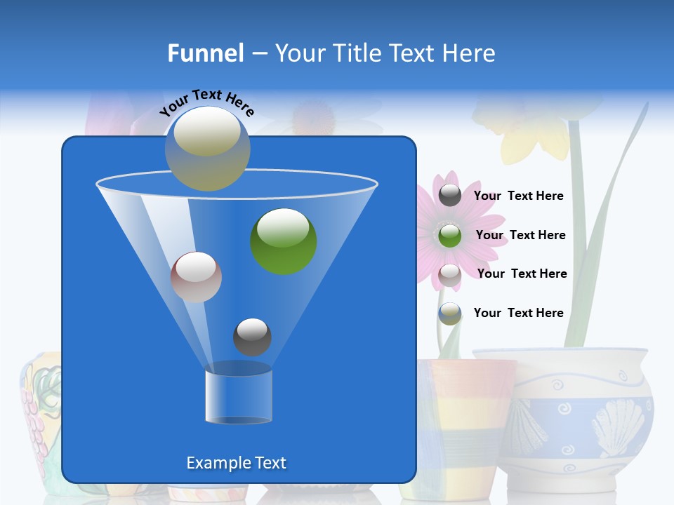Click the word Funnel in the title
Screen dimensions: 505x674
[206, 53]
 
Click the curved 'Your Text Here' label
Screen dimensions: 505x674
[207, 102]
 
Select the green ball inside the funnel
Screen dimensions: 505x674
[284, 241]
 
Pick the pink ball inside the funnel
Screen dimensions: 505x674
[196, 277]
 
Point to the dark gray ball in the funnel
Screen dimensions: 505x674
[252, 337]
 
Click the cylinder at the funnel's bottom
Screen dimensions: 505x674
[239, 396]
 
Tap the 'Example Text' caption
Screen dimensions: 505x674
[236, 463]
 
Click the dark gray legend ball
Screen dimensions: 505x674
[450, 196]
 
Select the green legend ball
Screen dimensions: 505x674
[450, 235]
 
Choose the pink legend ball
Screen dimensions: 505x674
[450, 275]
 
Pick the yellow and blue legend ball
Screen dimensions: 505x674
[450, 314]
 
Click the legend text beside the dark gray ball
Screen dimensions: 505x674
[519, 196]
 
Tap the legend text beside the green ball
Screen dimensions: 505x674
[520, 236]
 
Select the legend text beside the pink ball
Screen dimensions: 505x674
[522, 274]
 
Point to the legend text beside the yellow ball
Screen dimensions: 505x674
[519, 314]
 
